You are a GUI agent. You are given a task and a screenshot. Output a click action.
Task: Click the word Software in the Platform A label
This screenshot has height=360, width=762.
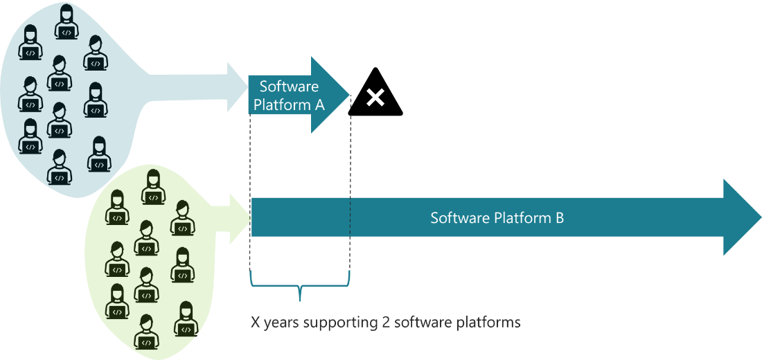289,87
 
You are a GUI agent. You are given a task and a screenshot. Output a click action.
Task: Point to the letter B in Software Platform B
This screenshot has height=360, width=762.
559,218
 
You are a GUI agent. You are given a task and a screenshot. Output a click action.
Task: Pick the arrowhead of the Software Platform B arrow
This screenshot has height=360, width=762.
741,217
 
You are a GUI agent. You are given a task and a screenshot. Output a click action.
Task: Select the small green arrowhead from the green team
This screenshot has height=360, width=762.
242,218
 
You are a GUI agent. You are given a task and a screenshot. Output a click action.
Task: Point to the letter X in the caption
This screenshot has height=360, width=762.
255,323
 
